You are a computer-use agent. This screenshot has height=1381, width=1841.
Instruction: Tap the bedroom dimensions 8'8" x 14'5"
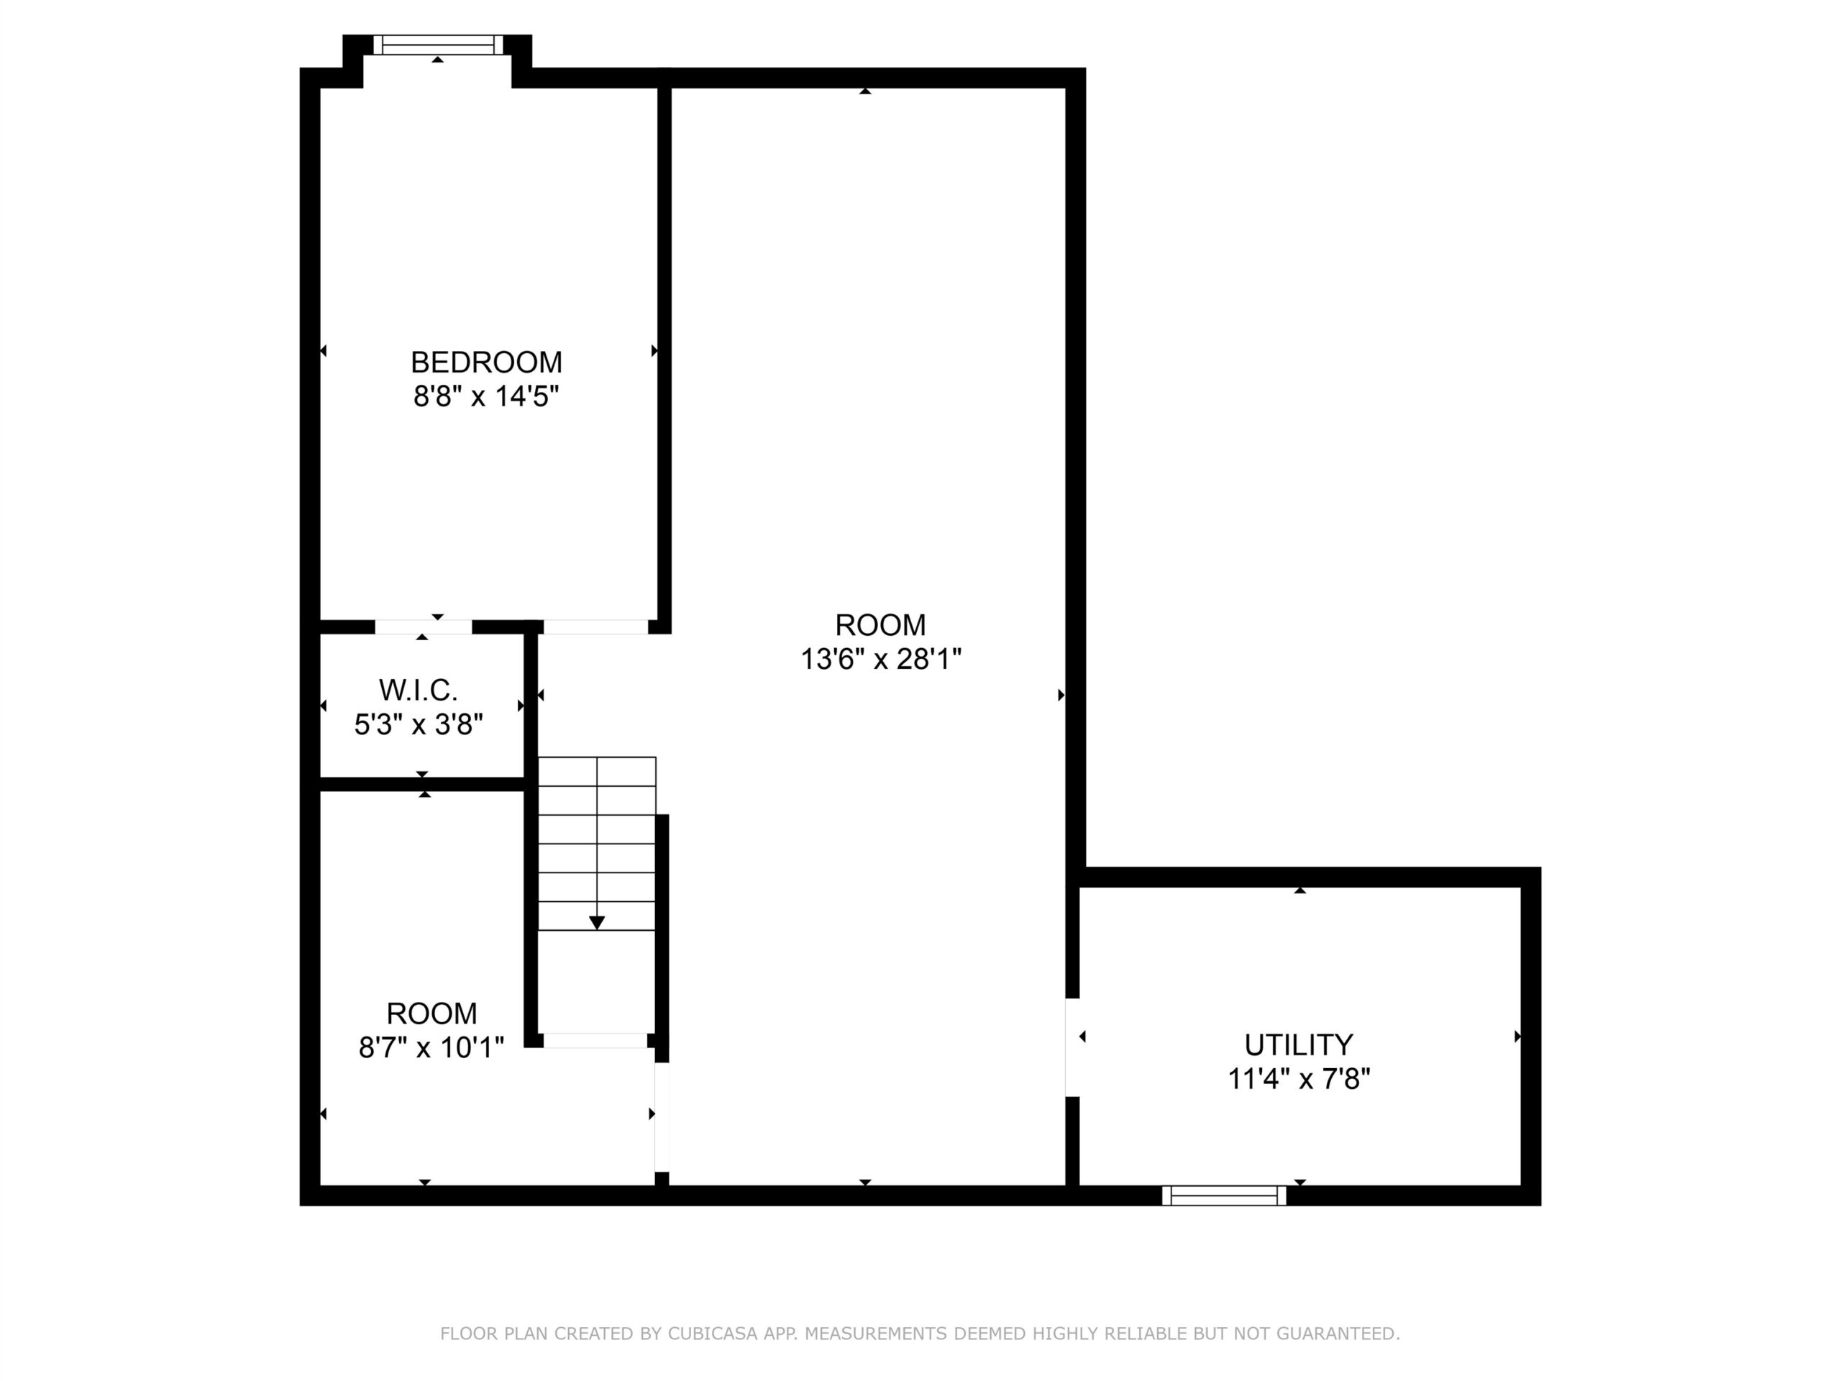tap(486, 396)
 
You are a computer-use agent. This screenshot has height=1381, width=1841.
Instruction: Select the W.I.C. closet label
tap(418, 690)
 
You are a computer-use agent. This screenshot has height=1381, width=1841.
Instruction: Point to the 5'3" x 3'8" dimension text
tap(419, 724)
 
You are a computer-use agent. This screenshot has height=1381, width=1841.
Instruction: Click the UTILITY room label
tap(1298, 1044)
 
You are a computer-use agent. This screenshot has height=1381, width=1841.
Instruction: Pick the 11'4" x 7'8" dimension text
tap(1298, 1079)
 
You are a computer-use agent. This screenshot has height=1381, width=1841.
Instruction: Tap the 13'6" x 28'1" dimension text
tap(880, 660)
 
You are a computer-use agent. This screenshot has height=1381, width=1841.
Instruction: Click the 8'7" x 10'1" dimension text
tap(431, 1047)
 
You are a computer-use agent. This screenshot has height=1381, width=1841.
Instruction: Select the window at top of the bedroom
tap(438, 45)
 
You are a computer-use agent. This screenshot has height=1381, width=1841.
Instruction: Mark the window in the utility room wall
tap(1223, 1195)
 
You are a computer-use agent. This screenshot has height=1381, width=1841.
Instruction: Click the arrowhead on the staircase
tap(597, 922)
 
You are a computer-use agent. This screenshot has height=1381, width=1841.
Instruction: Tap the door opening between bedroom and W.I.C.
tap(424, 626)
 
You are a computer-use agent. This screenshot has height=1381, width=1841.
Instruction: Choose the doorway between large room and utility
tap(1072, 1047)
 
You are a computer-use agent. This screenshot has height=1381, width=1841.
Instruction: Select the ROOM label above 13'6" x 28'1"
tap(880, 625)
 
